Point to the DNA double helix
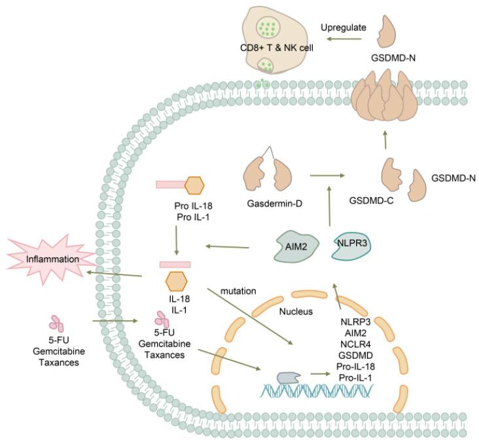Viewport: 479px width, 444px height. (x=317, y=391)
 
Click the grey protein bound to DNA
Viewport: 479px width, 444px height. (x=289, y=379)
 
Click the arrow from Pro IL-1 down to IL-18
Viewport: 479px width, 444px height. (x=176, y=238)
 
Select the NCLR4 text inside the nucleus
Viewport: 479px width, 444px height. (x=353, y=344)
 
